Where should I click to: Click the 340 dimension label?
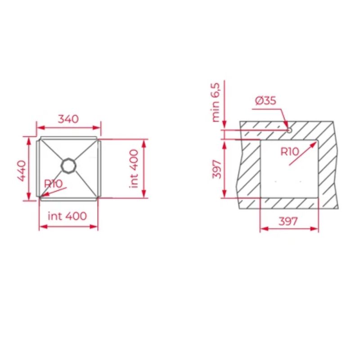[x=68, y=119]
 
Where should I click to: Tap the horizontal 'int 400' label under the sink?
[x=67, y=216]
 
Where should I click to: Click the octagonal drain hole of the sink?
[x=69, y=165]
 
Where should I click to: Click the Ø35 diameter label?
[x=265, y=101]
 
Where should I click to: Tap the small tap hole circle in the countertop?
[x=289, y=130]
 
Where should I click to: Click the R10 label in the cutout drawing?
[x=289, y=152]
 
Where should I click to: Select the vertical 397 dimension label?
[x=217, y=169]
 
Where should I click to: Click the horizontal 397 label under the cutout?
[x=288, y=221]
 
